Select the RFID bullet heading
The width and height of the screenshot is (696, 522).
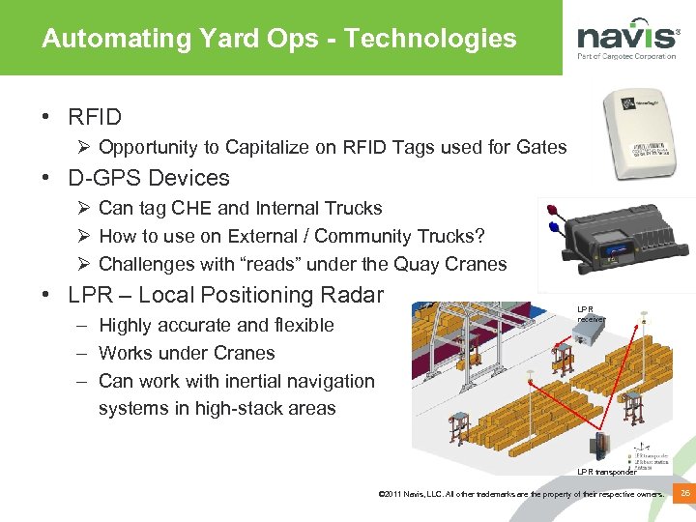click(95, 118)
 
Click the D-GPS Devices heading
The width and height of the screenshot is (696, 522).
click(149, 178)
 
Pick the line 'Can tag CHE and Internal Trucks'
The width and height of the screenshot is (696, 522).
click(240, 208)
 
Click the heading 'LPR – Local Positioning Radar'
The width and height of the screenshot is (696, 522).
click(225, 295)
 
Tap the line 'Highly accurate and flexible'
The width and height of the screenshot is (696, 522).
click(216, 325)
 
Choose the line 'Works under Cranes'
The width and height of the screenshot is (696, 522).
click(187, 353)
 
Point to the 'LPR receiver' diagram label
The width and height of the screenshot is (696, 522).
click(591, 313)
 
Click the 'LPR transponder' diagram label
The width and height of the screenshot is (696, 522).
click(606, 472)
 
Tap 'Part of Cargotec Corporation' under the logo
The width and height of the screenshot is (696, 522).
click(626, 57)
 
